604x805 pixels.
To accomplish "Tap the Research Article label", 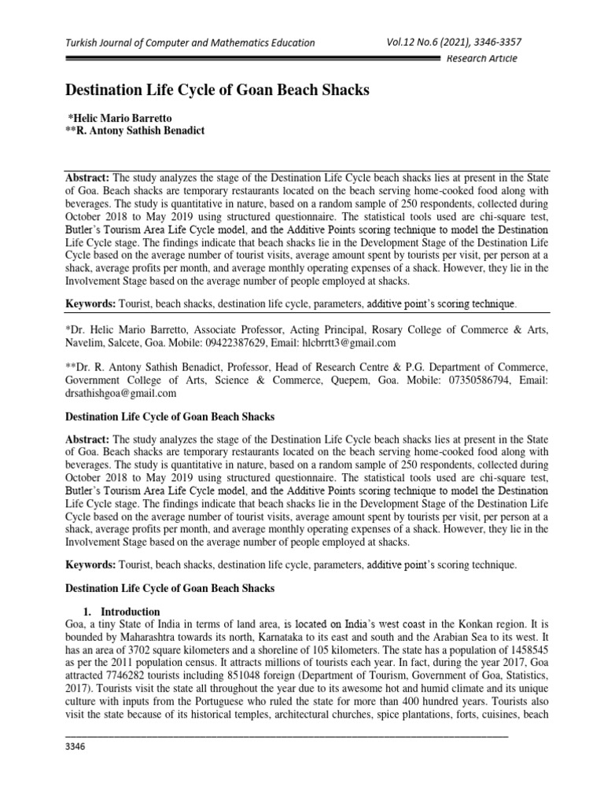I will (481, 61).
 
